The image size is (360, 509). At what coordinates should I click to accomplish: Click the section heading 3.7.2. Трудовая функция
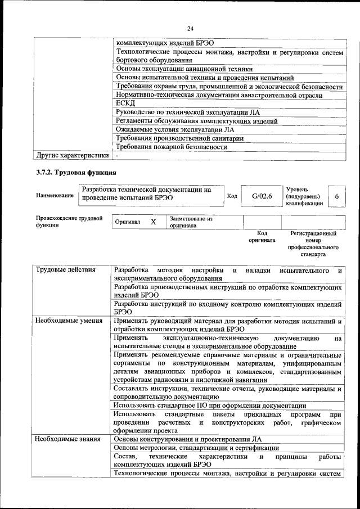tap(76, 172)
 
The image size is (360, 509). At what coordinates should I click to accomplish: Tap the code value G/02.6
tap(262, 196)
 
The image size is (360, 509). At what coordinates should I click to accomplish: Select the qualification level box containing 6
tap(336, 196)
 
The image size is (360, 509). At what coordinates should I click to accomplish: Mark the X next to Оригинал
tap(153, 222)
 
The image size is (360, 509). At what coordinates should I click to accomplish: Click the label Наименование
tap(55, 196)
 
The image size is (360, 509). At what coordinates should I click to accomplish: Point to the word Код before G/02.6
tap(232, 196)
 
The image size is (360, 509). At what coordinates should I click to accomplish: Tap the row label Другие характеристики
tap(71, 155)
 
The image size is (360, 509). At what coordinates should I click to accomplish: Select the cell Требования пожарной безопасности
tap(171, 147)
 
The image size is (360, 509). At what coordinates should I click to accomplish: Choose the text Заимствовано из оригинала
tap(191, 222)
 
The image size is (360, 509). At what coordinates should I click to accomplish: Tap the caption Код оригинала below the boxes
tap(262, 236)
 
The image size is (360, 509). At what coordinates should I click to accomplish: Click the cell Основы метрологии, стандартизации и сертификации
tap(196, 448)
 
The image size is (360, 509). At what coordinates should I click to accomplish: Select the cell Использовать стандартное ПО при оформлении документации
tap(209, 405)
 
